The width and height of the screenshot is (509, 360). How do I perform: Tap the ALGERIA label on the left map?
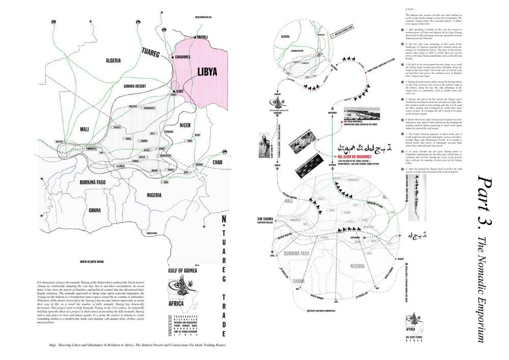click(113, 60)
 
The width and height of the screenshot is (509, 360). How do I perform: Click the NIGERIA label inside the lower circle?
click(358, 265)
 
